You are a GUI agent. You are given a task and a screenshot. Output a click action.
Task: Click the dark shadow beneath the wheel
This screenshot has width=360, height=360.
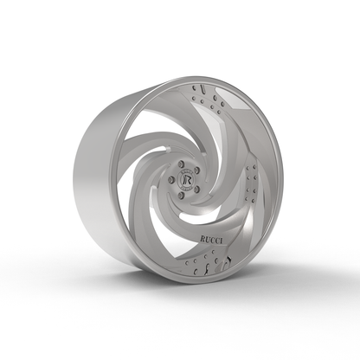coord(173,286)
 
